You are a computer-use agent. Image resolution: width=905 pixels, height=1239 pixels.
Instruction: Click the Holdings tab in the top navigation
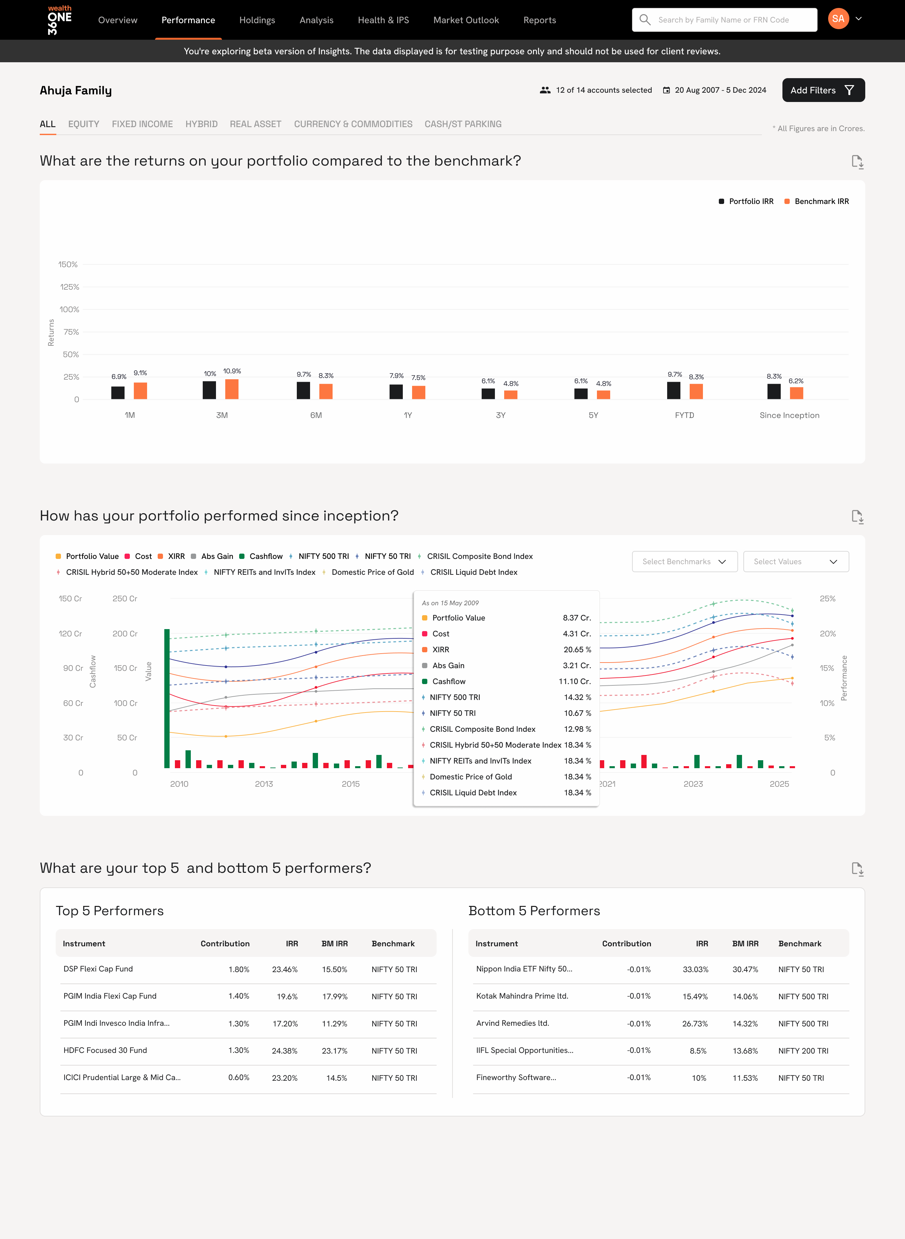pyautogui.click(x=257, y=20)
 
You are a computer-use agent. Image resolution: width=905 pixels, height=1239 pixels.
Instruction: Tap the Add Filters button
pyautogui.click(x=823, y=90)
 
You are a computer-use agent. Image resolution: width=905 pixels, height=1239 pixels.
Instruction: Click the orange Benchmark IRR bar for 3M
pyautogui.click(x=232, y=389)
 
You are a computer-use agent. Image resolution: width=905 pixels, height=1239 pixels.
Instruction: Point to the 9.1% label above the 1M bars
pyautogui.click(x=140, y=373)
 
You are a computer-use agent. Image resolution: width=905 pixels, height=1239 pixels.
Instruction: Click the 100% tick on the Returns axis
pyautogui.click(x=70, y=309)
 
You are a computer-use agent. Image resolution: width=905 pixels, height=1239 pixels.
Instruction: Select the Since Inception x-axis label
pyautogui.click(x=789, y=416)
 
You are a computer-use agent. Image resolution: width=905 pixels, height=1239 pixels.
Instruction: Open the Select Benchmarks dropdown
pyautogui.click(x=684, y=562)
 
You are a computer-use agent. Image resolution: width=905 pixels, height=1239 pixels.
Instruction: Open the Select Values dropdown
pyautogui.click(x=795, y=562)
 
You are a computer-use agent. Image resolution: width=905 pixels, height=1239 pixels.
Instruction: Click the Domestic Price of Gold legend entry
pyautogui.click(x=372, y=572)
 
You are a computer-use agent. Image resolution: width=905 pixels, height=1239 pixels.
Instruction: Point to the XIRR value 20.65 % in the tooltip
pyautogui.click(x=577, y=650)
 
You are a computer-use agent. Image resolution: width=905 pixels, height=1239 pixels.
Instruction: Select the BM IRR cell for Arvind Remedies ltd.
pyautogui.click(x=745, y=1024)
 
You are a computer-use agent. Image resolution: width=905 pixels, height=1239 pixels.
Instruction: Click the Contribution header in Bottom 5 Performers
pyautogui.click(x=626, y=944)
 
